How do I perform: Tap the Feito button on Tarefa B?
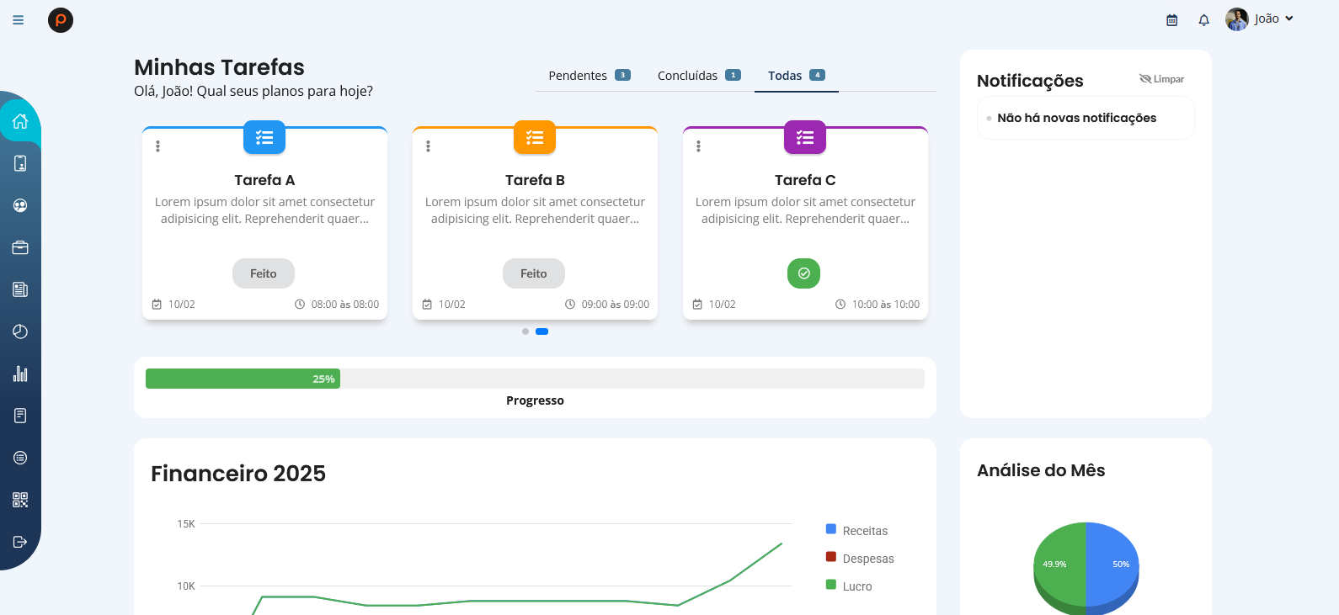tap(533, 273)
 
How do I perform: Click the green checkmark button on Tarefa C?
tap(803, 273)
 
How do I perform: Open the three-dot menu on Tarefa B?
tap(428, 146)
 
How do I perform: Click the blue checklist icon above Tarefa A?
tap(264, 138)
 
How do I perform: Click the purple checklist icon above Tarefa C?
tap(804, 138)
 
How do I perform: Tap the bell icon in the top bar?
tap(1203, 20)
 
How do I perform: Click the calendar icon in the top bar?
tap(1171, 20)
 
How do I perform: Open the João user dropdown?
tap(1260, 19)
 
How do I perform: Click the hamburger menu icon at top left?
tap(19, 20)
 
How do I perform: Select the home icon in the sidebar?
tap(20, 121)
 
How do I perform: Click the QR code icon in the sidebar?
tap(20, 500)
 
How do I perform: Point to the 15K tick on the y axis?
tap(186, 524)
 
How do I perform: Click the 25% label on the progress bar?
tap(323, 379)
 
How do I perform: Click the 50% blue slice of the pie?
tap(1113, 564)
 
